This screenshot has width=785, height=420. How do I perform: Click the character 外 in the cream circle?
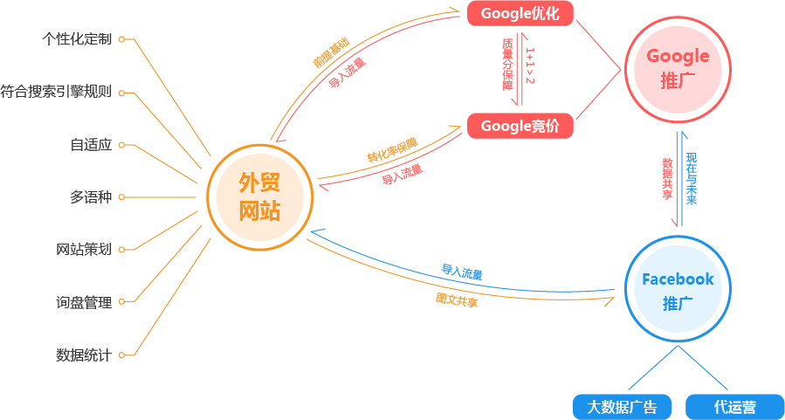point(249,182)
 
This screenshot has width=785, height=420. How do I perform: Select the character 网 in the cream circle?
point(249,210)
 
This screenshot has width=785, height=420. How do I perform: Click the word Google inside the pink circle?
point(678,56)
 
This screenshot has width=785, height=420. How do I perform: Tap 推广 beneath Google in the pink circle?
point(678,81)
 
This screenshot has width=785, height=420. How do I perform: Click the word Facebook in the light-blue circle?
point(678,279)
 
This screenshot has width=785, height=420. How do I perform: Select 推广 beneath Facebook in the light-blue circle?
point(678,304)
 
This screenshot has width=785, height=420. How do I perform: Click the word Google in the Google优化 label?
point(506,13)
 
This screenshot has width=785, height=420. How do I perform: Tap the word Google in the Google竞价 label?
point(506,127)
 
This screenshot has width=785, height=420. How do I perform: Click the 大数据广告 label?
point(622,407)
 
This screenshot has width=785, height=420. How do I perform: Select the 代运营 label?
point(734,407)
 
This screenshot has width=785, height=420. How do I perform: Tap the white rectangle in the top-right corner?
point(699,7)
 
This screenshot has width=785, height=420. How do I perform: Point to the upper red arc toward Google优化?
point(349,79)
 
